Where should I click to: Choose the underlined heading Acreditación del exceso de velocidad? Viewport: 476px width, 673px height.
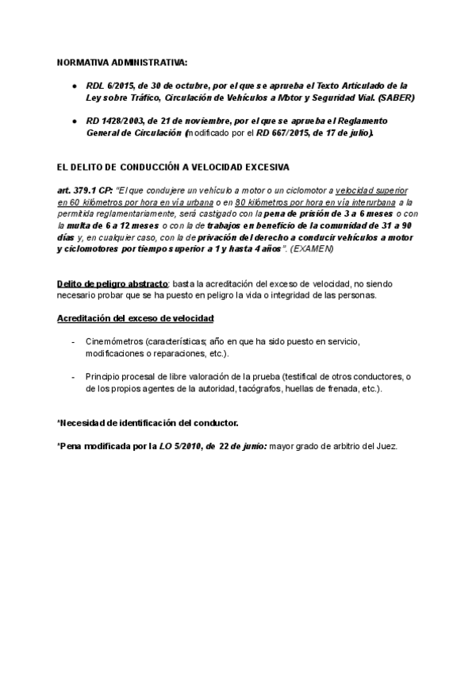coord(136,318)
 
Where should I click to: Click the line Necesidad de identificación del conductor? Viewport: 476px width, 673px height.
coord(148,423)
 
